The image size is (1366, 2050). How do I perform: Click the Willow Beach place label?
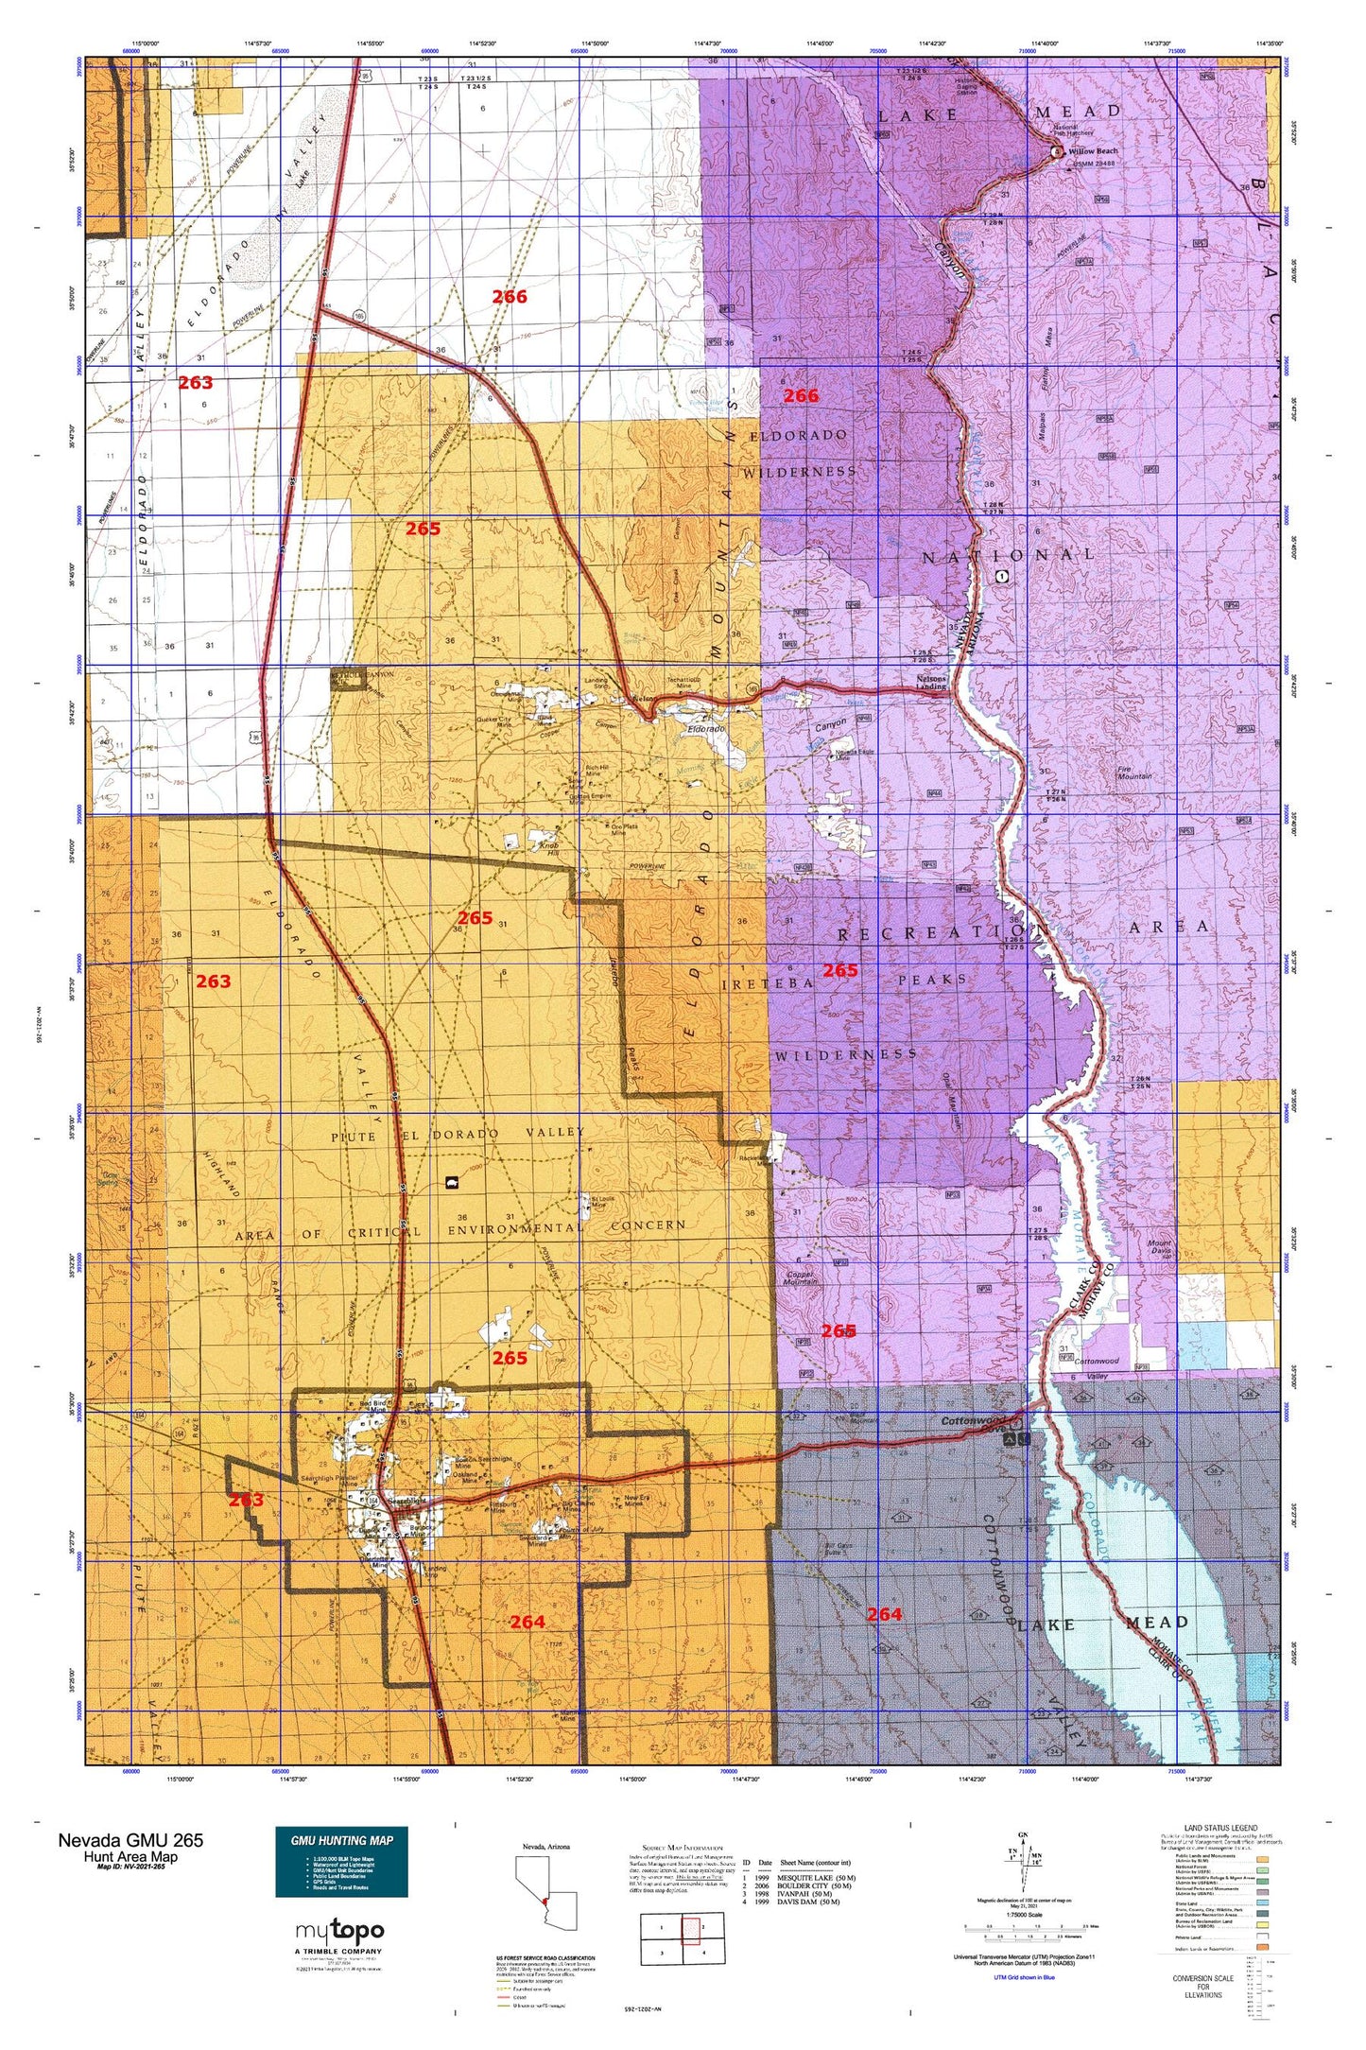(1093, 151)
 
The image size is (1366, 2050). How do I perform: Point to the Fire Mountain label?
(1134, 773)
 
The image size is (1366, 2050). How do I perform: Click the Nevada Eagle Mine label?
(855, 755)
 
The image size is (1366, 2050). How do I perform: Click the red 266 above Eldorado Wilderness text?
(801, 396)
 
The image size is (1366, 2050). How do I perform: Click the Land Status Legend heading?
(1220, 1829)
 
